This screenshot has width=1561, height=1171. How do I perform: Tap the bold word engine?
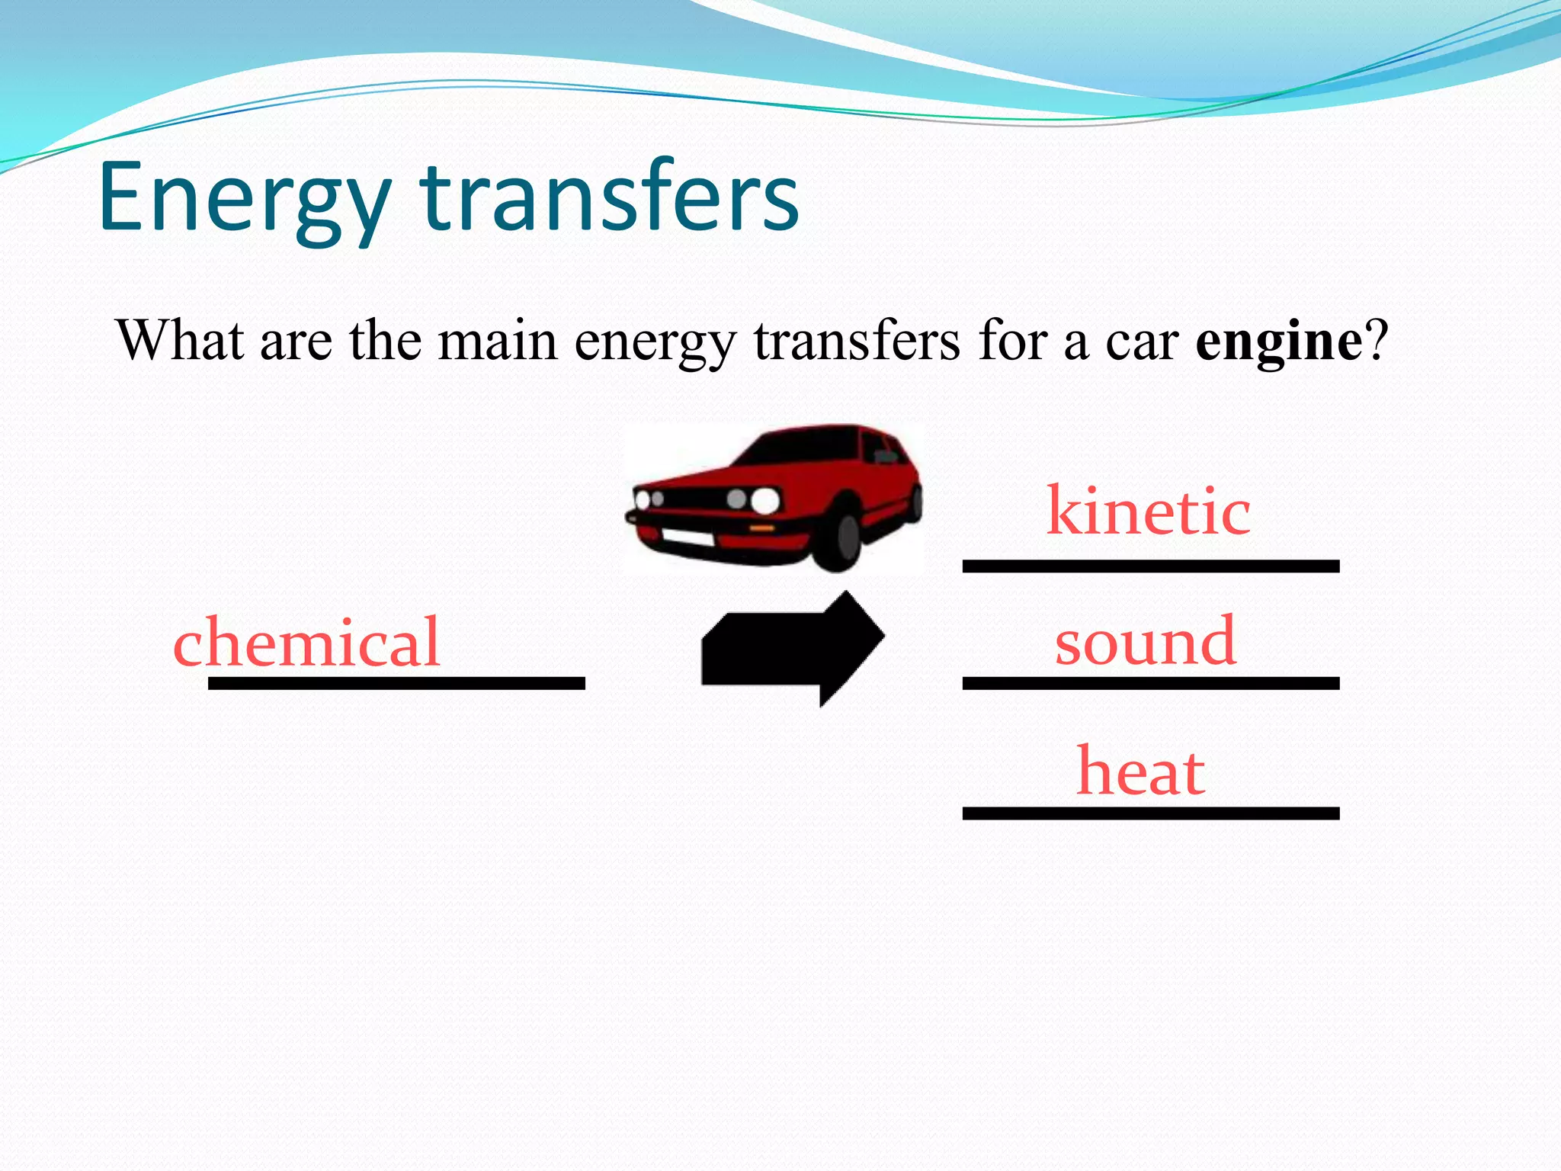1278,341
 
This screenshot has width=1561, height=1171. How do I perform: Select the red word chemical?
306,643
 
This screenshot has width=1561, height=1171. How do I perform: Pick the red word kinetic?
1148,512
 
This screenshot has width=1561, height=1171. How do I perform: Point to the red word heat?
1140,772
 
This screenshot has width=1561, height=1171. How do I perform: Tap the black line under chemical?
396,684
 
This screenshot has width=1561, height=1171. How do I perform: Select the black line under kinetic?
1150,566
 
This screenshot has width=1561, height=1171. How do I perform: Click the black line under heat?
1150,813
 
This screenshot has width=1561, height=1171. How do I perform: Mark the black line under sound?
1150,684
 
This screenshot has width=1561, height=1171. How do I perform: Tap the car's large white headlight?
764,501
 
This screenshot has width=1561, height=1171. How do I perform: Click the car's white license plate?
688,537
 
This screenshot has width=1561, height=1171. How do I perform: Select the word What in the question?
180,341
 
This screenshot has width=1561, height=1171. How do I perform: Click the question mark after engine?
1377,341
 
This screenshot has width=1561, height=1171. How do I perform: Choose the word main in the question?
497,341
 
